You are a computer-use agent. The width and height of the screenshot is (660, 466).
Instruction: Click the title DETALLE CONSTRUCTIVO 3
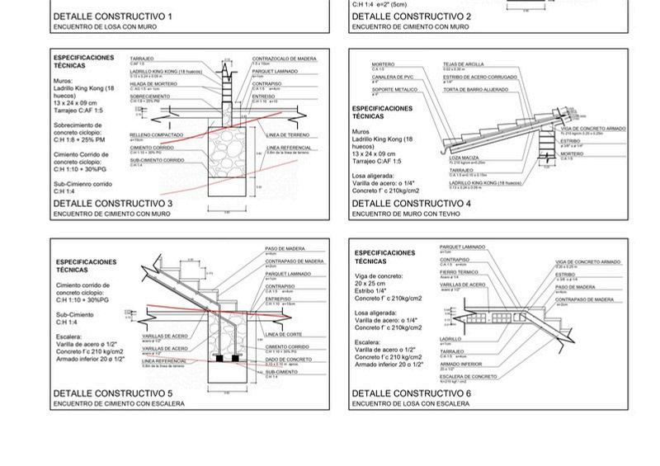[112, 203]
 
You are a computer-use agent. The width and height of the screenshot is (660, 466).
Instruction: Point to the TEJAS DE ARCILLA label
[463, 64]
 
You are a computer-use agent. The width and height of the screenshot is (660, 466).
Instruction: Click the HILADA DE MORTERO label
[153, 83]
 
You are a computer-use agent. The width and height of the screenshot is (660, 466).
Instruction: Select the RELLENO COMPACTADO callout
[157, 134]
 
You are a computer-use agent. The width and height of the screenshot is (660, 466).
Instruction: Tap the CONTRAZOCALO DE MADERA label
[284, 59]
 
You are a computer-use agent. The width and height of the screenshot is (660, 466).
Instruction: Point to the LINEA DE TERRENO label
[288, 134]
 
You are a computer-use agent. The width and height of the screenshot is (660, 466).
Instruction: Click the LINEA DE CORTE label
[282, 334]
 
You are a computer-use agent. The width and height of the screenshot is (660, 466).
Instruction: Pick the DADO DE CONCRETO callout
[289, 360]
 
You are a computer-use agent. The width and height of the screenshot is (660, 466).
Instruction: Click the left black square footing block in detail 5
[220, 360]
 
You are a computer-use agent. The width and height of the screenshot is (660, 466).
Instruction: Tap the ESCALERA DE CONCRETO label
[469, 376]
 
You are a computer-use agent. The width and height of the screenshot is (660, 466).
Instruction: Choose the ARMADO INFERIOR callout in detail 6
[460, 364]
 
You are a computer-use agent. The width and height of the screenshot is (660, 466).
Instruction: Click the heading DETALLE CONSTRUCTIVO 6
[411, 393]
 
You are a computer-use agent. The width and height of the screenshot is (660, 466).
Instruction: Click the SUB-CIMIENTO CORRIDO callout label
[157, 160]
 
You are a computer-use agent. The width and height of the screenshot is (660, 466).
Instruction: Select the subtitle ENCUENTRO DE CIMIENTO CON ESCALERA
[119, 404]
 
